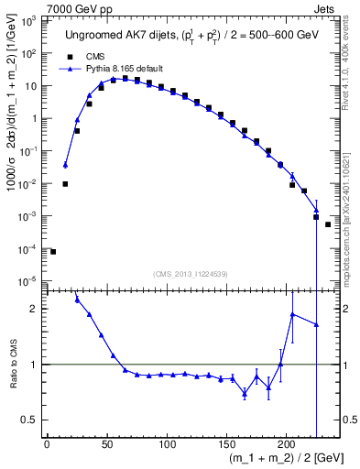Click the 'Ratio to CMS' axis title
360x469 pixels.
tap(13, 365)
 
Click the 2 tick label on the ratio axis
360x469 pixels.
tap(34, 309)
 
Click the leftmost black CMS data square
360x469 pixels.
tap(53, 252)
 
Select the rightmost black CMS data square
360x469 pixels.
tap(328, 224)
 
